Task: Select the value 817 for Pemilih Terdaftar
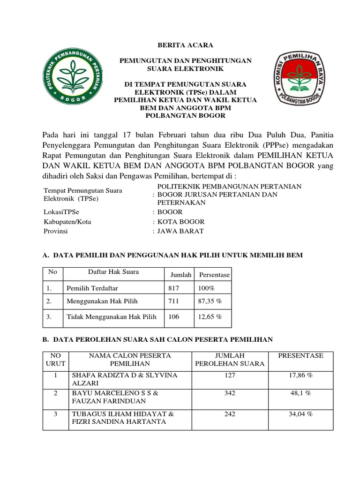[174, 288]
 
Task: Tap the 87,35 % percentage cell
[210, 302]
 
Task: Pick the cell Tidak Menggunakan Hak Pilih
[111, 317]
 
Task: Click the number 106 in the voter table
[174, 317]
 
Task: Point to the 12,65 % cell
[210, 317]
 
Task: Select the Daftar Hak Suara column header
[113, 272]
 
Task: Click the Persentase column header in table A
[214, 275]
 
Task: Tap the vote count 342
[230, 393]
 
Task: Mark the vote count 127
[230, 375]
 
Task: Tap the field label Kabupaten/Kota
[66, 222]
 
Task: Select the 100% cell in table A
[206, 288]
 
